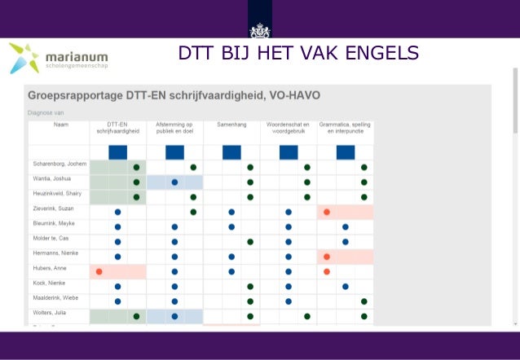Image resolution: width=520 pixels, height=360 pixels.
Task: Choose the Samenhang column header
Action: (x=231, y=125)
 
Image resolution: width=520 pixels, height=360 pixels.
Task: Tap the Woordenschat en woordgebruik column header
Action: (x=289, y=128)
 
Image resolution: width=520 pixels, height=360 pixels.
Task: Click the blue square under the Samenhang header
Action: (x=231, y=152)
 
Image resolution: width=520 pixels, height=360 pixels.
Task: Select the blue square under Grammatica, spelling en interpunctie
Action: (x=346, y=152)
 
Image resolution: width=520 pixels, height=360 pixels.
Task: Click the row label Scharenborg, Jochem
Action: (x=59, y=165)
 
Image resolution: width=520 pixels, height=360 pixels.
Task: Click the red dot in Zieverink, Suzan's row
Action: (x=327, y=212)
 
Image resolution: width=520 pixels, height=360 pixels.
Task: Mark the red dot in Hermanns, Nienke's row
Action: (x=327, y=257)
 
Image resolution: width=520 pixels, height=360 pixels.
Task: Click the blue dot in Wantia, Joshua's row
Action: (x=174, y=182)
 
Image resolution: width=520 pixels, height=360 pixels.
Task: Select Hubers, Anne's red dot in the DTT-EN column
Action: (x=99, y=271)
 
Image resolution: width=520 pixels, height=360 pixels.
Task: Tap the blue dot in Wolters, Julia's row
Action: (x=174, y=316)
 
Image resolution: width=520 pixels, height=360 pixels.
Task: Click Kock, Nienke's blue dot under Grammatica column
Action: (x=346, y=287)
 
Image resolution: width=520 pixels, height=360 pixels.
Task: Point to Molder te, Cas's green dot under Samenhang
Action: (x=250, y=242)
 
